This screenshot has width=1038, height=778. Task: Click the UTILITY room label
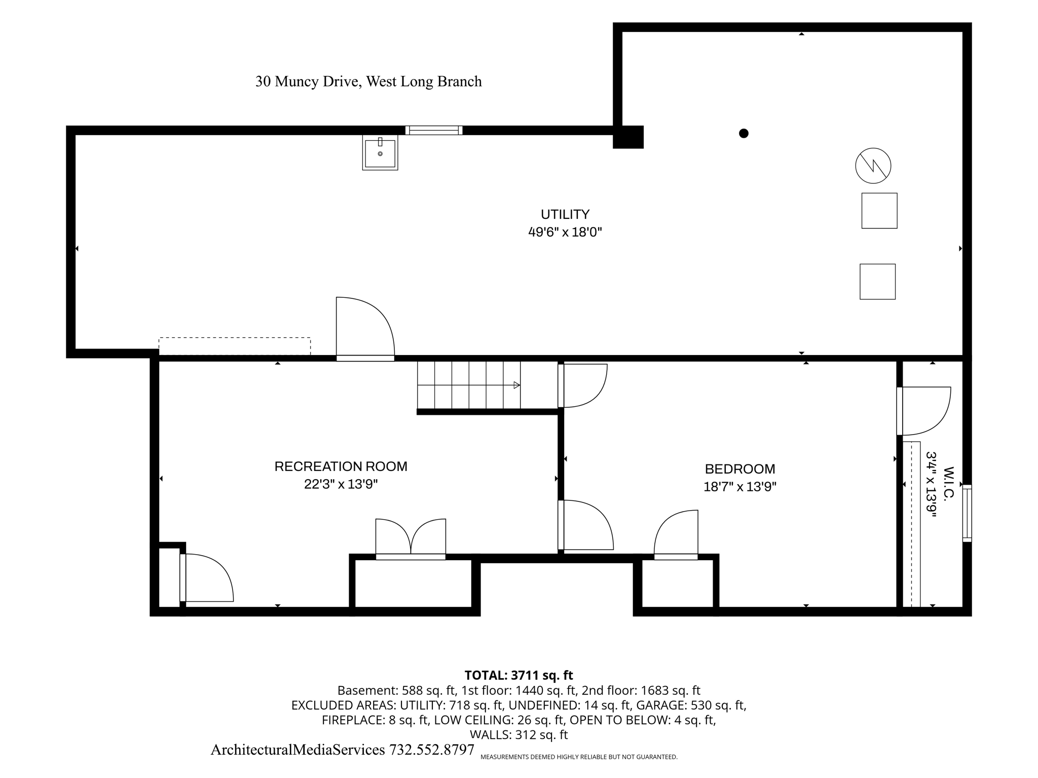point(565,214)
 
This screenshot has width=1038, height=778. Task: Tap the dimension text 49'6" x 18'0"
point(565,232)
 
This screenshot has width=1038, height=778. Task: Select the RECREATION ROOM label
point(341,466)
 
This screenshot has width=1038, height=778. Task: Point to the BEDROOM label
point(740,469)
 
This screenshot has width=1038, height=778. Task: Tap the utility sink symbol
point(380,152)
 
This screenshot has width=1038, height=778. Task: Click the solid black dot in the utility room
point(744,133)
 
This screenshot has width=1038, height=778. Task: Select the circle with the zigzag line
point(873,166)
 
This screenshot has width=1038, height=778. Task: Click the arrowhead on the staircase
point(517,385)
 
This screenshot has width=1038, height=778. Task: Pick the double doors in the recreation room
point(411,539)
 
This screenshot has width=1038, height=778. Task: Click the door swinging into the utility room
point(365,329)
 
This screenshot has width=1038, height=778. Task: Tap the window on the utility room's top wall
point(434,130)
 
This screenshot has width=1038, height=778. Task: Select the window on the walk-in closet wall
point(967,513)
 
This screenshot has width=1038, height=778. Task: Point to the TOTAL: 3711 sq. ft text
point(518,675)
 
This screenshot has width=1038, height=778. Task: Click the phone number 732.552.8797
point(432,750)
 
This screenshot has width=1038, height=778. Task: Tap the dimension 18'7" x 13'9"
point(740,487)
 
